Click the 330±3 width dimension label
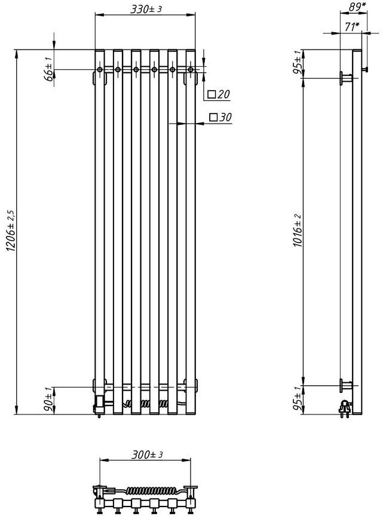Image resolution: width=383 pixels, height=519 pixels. [146, 9]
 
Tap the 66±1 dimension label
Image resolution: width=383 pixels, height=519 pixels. [48, 68]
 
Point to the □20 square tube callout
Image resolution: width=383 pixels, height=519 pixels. [219, 95]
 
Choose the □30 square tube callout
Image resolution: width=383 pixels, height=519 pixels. [220, 117]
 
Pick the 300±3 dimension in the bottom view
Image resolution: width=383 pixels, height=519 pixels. [148, 454]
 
